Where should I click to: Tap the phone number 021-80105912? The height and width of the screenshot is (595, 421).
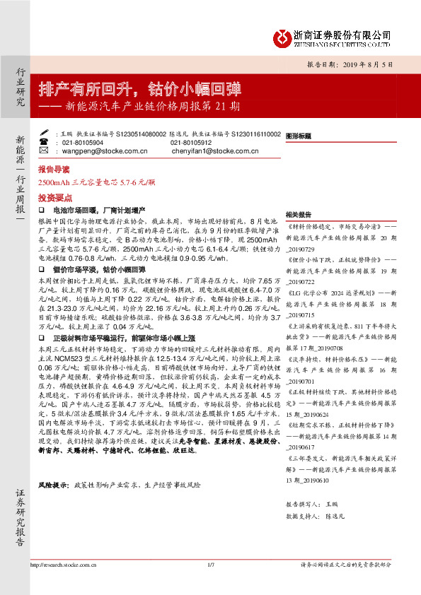coord(192,142)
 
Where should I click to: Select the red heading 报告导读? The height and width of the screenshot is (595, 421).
coord(54,170)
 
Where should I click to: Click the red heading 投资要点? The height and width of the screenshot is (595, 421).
coord(54,199)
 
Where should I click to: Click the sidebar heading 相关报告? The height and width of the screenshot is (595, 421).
coord(299,214)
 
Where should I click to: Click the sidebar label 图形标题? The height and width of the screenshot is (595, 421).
coord(299,136)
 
